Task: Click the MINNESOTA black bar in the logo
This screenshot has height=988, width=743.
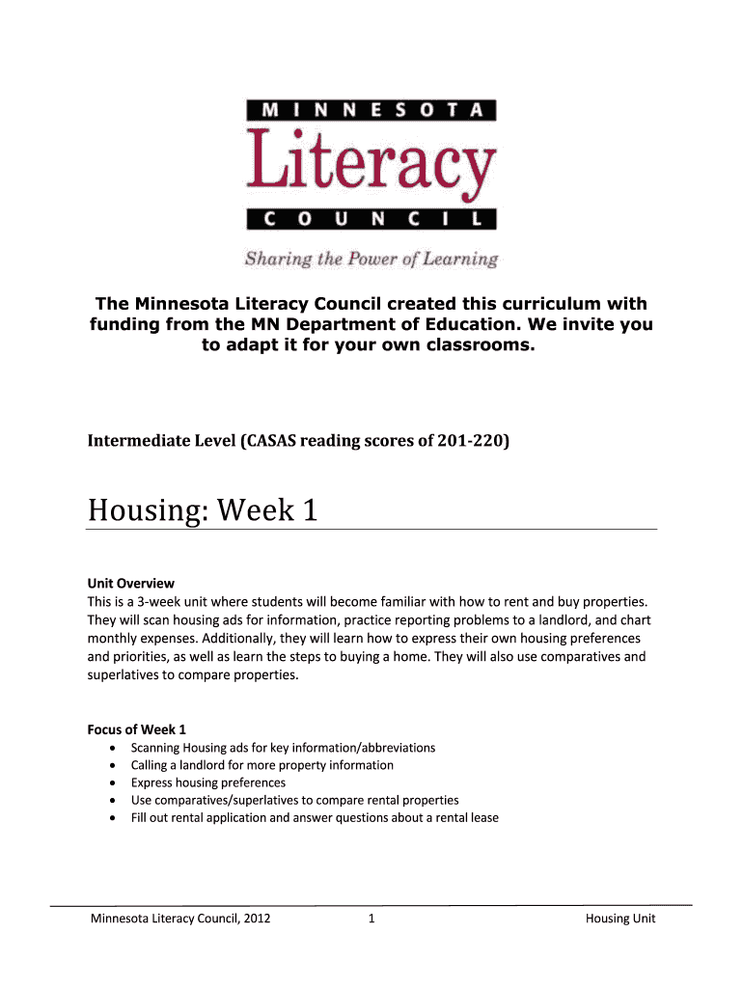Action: (x=371, y=109)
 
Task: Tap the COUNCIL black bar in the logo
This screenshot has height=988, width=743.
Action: (x=371, y=220)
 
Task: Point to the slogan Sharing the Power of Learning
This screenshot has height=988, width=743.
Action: (x=371, y=259)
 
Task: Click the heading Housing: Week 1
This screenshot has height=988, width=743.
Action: (x=203, y=509)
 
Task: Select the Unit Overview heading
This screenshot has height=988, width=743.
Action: (x=131, y=583)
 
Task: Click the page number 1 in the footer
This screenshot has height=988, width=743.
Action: (x=371, y=919)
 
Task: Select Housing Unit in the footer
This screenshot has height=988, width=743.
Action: (x=620, y=919)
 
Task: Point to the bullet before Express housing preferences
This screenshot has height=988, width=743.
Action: (x=116, y=782)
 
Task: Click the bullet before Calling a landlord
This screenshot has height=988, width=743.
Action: (x=116, y=765)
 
